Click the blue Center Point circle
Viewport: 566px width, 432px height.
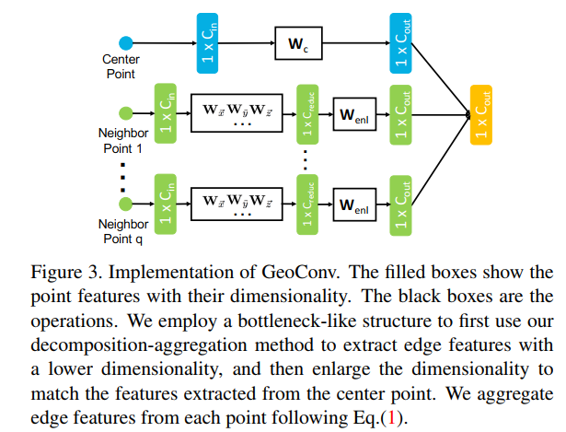(x=126, y=42)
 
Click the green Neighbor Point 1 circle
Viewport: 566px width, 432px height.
(x=126, y=115)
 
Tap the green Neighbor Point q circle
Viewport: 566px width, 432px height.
(x=126, y=205)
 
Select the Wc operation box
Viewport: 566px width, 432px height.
(x=301, y=42)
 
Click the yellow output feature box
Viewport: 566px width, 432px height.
(x=482, y=115)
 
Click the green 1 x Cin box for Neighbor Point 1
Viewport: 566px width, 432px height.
(x=167, y=115)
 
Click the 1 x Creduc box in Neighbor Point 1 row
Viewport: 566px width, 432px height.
(x=307, y=115)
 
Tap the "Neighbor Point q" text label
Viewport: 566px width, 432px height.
(x=123, y=231)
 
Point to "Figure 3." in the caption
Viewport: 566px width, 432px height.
(x=61, y=273)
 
